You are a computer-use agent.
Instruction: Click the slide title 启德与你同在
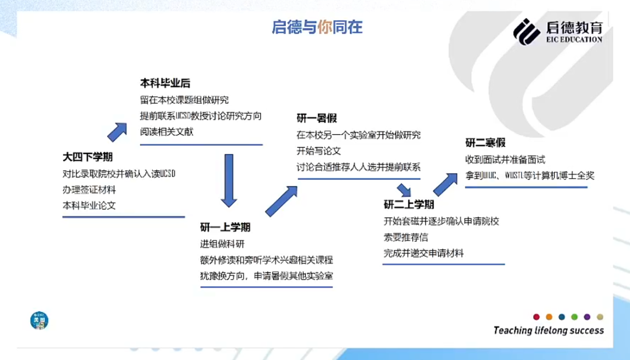317,27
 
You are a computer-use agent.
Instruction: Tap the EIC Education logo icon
527,31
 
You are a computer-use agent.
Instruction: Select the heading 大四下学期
88,157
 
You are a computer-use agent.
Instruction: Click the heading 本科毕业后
165,83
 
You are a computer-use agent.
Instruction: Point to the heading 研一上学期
225,226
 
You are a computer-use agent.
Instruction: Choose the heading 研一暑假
316,118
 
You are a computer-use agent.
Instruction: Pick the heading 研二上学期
408,204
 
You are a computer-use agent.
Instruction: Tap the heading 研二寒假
485,142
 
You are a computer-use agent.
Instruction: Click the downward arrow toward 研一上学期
229,178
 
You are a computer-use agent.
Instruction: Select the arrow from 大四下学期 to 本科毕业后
118,131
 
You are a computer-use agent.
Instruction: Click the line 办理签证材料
89,190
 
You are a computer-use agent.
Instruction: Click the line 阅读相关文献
166,131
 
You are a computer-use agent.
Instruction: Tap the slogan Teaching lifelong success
548,331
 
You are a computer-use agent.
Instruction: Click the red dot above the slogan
536,317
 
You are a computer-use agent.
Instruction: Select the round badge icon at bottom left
39,319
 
